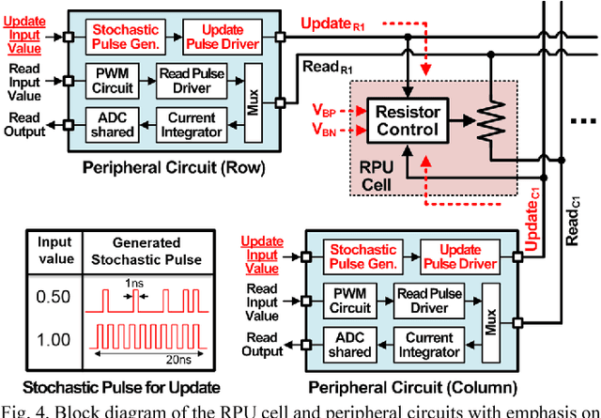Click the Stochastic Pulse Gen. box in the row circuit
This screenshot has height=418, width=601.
coord(127,36)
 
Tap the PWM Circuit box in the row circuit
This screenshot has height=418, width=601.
coord(116,80)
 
